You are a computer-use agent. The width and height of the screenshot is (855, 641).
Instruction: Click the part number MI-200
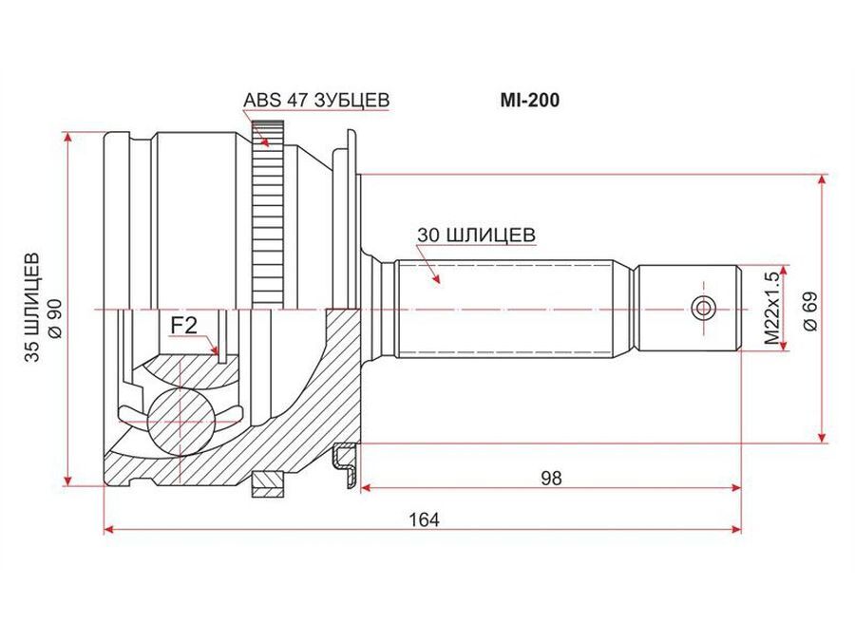[530, 101]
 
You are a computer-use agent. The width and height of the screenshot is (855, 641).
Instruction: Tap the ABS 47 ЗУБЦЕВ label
[316, 101]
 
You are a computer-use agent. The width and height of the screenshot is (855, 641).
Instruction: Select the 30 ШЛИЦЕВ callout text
[476, 235]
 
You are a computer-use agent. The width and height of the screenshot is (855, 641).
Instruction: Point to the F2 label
[183, 326]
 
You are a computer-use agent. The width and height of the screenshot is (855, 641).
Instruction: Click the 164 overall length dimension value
[425, 520]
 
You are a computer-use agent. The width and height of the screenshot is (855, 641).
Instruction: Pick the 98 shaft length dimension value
[551, 478]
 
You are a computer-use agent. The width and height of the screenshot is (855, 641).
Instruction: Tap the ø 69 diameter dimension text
[811, 311]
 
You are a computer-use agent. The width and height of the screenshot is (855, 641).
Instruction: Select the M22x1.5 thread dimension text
[771, 308]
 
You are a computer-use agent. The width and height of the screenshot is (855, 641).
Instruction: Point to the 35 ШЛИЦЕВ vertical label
[32, 307]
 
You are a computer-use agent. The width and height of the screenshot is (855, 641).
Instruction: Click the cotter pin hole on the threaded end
[703, 309]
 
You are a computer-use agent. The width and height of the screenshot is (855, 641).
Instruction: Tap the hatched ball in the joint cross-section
[180, 422]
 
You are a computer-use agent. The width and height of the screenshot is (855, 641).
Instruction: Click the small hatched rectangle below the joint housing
[268, 484]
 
